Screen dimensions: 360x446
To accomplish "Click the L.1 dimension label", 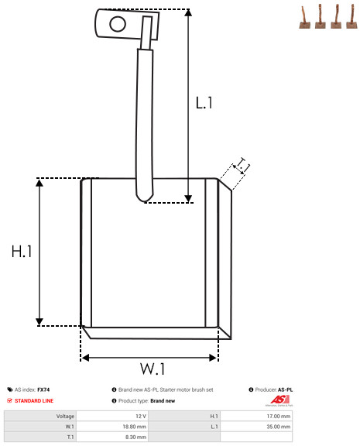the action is [x=204, y=103].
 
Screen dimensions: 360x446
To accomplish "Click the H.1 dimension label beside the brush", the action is [x=22, y=252].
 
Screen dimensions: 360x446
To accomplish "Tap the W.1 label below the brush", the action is [x=153, y=369].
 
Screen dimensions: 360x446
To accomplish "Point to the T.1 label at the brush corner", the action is [x=242, y=165].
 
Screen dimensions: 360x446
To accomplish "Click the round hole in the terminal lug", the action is [x=118, y=24].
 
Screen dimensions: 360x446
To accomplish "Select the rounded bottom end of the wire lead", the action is [x=145, y=196].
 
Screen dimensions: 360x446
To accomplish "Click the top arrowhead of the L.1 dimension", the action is [x=188, y=12].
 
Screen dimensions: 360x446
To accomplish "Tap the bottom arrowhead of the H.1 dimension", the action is [x=39, y=321].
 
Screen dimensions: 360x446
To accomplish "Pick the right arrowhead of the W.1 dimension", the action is [x=213, y=358].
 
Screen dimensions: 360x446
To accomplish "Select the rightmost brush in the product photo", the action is [x=352, y=17].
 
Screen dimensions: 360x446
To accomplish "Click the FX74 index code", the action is [x=43, y=389].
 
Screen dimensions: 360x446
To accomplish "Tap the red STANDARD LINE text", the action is [x=34, y=401].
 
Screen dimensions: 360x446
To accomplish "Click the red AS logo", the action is [x=279, y=400].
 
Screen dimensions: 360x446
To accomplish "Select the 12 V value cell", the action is [x=141, y=416].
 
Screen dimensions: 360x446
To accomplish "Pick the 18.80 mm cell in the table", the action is [x=134, y=427].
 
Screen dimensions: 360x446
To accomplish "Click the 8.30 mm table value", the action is [x=136, y=437].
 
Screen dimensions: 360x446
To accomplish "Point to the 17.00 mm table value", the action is [x=279, y=416].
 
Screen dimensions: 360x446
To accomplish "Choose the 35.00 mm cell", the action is [x=279, y=427].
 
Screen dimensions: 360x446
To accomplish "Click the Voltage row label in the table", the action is [x=65, y=417].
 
